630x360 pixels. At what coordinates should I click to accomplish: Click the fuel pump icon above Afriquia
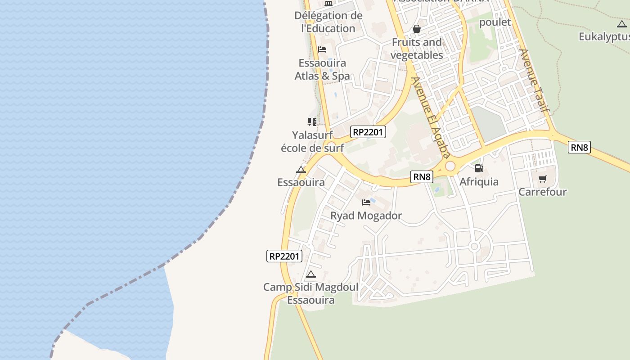tap(479, 168)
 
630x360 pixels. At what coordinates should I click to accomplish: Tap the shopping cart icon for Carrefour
tap(542, 179)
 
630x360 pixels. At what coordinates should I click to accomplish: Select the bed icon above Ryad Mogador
tap(366, 202)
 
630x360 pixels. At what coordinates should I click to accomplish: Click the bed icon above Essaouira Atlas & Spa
tap(322, 49)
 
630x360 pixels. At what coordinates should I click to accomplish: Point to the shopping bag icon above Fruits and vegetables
tap(417, 29)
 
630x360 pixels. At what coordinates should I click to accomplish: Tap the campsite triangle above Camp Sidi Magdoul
tap(310, 274)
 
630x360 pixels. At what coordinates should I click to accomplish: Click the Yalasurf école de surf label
tap(312, 141)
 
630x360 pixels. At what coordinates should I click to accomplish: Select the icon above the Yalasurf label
tap(312, 121)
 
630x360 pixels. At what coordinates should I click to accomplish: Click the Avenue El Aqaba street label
tap(431, 118)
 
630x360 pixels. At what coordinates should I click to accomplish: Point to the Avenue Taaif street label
tap(535, 80)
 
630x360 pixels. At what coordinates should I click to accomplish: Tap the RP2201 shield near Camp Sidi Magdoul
tap(284, 256)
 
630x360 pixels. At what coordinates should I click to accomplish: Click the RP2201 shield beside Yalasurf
tap(368, 132)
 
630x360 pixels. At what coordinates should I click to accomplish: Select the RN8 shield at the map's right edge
tap(579, 147)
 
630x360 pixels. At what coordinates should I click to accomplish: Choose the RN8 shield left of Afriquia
tap(422, 177)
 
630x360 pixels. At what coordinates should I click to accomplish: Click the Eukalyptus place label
tap(603, 36)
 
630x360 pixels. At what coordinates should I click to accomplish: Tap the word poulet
tap(495, 22)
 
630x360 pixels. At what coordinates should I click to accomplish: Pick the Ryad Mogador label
tap(366, 216)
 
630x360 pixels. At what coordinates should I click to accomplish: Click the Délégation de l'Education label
tap(328, 22)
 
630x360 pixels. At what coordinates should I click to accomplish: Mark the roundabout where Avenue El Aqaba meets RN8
tap(450, 166)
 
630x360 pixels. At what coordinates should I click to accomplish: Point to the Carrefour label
tap(542, 192)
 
